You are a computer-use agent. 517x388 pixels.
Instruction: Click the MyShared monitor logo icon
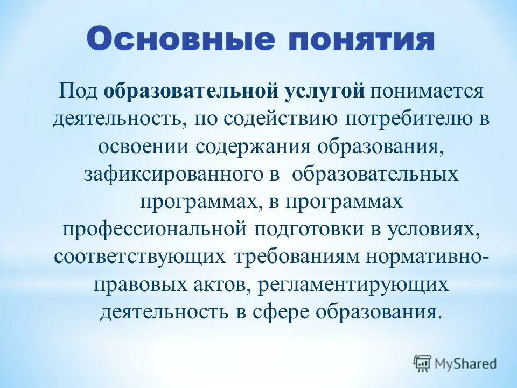coord(422,363)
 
